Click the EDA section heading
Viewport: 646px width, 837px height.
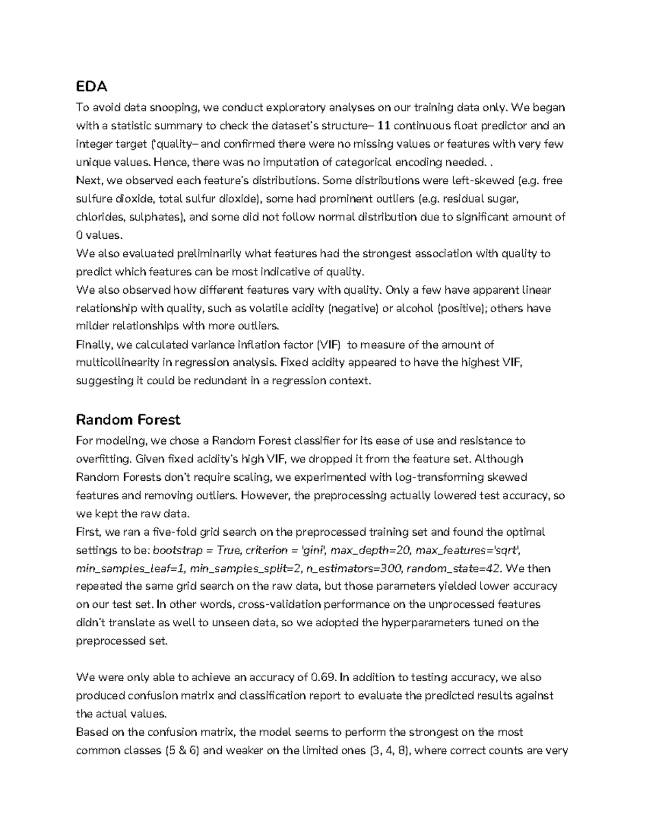click(x=92, y=86)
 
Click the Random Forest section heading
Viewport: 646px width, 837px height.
click(x=128, y=419)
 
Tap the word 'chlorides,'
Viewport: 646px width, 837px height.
click(x=100, y=217)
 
